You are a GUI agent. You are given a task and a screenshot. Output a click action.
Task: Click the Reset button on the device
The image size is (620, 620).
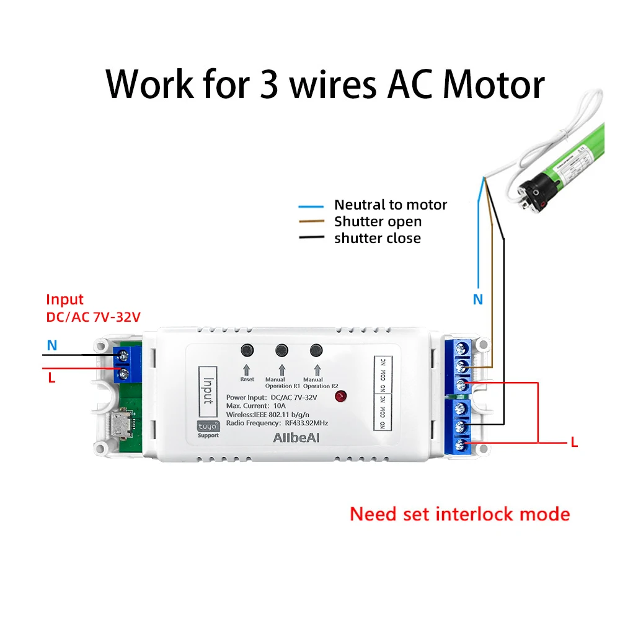(x=247, y=350)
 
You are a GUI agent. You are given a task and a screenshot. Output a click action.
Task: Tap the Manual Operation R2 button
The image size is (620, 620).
(x=317, y=350)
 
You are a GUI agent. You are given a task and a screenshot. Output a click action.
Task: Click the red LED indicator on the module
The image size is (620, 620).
(x=340, y=397)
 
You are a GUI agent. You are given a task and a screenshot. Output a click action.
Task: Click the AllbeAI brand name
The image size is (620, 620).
(x=295, y=438)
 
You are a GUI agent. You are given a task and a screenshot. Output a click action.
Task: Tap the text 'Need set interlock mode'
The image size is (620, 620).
(x=459, y=514)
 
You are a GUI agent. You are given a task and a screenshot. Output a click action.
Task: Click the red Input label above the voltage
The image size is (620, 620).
(x=64, y=300)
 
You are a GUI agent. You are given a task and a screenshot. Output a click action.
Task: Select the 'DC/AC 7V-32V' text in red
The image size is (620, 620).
(x=94, y=317)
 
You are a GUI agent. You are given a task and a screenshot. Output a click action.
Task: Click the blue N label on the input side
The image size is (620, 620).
(x=52, y=345)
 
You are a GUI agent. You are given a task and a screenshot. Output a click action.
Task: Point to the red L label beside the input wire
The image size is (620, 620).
(x=51, y=378)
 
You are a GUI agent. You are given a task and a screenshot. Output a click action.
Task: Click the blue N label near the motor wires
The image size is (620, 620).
(x=477, y=299)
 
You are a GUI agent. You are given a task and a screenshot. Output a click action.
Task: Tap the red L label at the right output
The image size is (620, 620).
(x=574, y=443)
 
